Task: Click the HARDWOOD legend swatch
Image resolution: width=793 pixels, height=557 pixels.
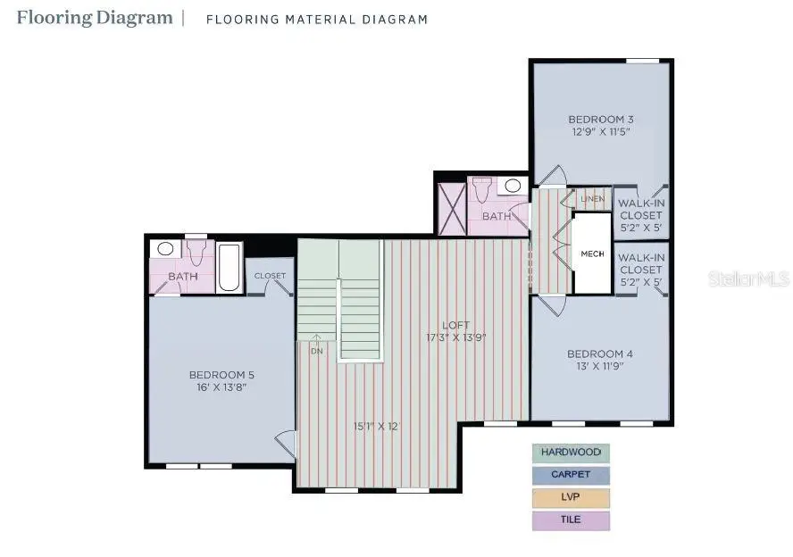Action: tap(571, 453)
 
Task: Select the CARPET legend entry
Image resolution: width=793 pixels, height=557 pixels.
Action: tap(571, 475)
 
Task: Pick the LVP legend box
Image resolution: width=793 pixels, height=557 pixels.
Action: tap(571, 498)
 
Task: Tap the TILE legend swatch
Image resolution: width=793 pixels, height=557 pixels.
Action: tap(571, 520)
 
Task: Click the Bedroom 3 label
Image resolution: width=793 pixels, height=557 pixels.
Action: tap(601, 120)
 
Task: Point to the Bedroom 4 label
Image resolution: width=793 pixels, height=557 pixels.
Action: tap(599, 354)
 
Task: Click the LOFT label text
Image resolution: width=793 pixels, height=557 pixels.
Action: tap(455, 326)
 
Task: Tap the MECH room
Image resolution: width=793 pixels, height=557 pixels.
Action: tap(592, 254)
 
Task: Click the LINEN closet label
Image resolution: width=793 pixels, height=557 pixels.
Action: tap(592, 198)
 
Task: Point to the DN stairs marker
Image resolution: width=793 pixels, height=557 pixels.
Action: tap(317, 351)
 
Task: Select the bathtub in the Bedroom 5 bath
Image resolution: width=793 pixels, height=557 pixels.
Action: tap(230, 267)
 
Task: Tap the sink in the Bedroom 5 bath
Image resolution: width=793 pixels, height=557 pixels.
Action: tap(165, 249)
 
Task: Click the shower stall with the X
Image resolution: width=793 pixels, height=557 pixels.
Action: tap(451, 209)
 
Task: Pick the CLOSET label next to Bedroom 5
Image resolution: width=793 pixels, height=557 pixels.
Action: tap(270, 276)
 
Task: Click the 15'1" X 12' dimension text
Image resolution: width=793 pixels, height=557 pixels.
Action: tap(376, 426)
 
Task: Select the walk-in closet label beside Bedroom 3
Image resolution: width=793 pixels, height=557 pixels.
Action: tap(640, 214)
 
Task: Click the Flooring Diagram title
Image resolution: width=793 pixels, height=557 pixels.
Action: tap(94, 17)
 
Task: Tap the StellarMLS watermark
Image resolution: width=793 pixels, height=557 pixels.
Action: tap(748, 279)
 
